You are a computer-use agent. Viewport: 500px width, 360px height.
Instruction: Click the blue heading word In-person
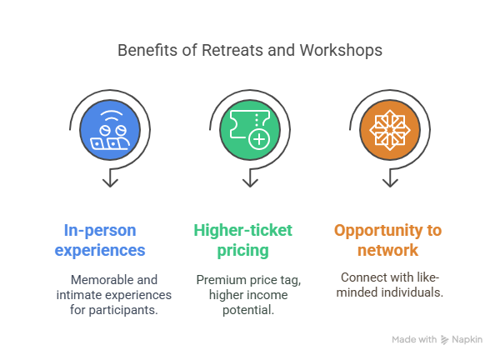(100, 230)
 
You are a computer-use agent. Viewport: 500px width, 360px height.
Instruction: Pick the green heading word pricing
(247, 250)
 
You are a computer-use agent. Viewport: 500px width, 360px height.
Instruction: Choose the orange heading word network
(388, 250)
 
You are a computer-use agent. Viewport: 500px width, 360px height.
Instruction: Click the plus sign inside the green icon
(259, 139)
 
